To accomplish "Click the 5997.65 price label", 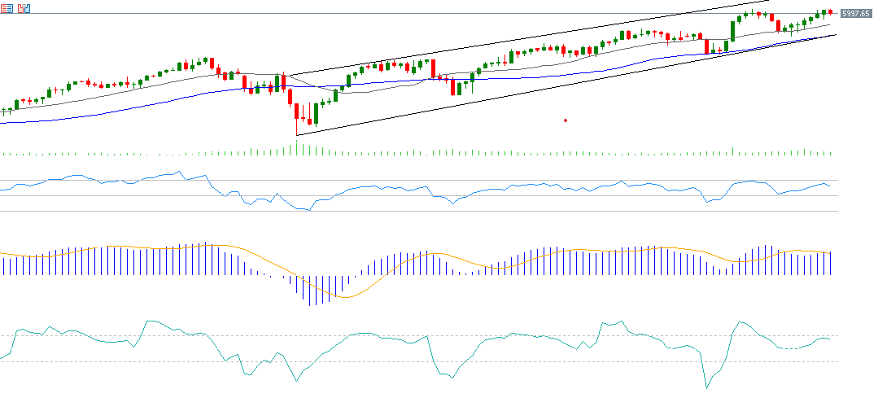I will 856,14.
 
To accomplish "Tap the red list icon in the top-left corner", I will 7,8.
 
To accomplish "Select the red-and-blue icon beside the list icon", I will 24,8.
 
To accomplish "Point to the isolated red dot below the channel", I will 566,120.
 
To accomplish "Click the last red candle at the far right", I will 831,11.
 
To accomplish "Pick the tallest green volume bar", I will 296,147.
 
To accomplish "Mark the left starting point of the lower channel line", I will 297,135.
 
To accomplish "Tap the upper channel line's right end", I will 769,2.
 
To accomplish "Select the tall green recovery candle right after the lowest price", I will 316,113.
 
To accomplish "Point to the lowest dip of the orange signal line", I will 345,297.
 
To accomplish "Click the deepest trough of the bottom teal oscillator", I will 705,388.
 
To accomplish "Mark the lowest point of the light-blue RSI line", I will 304,210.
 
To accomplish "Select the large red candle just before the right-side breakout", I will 706,46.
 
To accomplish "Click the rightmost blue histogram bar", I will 831,263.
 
